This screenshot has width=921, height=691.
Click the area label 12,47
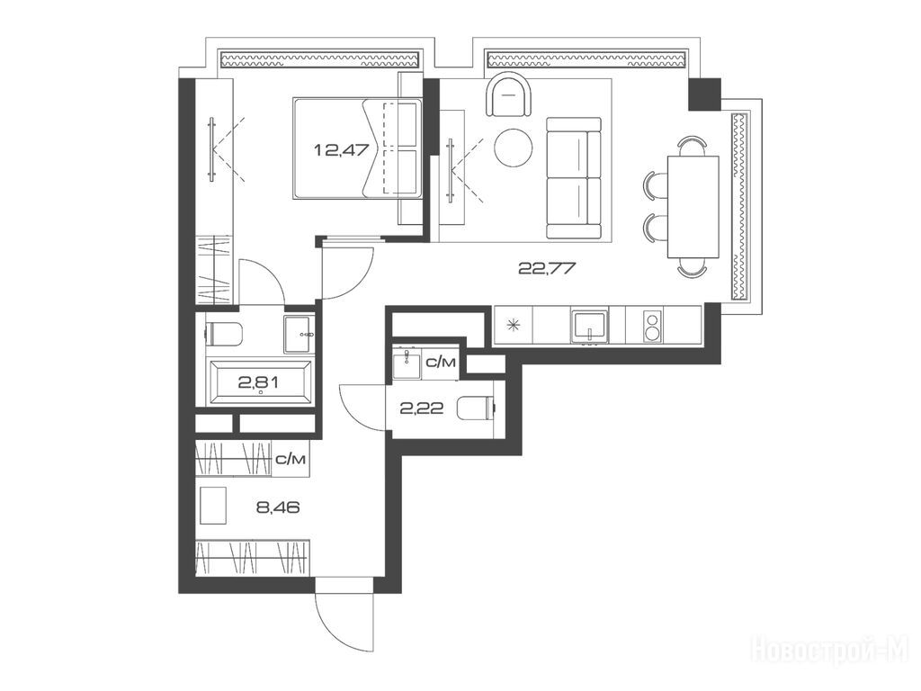coord(341,150)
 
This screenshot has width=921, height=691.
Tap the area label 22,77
coord(546,269)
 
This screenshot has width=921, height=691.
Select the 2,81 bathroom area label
coord(258,383)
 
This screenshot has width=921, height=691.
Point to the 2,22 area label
coord(421,408)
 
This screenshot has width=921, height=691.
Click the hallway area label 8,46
coord(278,507)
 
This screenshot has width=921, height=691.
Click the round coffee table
coord(514,148)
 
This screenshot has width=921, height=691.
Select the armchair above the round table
coord(510,94)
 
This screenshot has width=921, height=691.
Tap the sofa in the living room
coord(574,178)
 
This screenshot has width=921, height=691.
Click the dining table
coord(693,207)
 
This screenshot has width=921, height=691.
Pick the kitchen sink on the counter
coord(589,326)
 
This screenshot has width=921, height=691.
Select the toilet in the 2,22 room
coord(477,408)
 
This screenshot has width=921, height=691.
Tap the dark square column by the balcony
coord(704,94)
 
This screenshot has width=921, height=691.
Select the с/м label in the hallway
coord(291,460)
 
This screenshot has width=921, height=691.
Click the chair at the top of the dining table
coord(692,144)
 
